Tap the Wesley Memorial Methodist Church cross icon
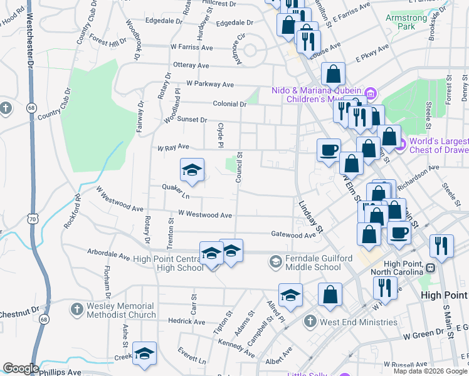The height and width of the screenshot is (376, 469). pyautogui.click(x=76, y=310)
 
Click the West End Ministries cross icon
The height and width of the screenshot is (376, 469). pyautogui.click(x=310, y=322)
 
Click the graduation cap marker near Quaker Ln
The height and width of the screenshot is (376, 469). pyautogui.click(x=192, y=170)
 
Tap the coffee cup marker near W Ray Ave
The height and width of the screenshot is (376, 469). pyautogui.click(x=329, y=150)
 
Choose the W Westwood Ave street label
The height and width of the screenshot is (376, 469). pyautogui.click(x=205, y=214)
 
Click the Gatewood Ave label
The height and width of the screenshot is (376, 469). pyautogui.click(x=293, y=235)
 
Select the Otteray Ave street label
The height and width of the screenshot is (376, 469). pyautogui.click(x=190, y=65)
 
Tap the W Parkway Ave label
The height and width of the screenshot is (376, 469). pyautogui.click(x=209, y=84)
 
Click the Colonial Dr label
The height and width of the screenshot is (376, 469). pyautogui.click(x=229, y=105)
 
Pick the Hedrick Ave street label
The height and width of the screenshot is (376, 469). pyautogui.click(x=186, y=321)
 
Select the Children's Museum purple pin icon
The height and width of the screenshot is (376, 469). pyautogui.click(x=370, y=95)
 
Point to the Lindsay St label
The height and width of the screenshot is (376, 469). pyautogui.click(x=310, y=217)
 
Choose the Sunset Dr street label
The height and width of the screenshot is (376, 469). pyautogui.click(x=191, y=119)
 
